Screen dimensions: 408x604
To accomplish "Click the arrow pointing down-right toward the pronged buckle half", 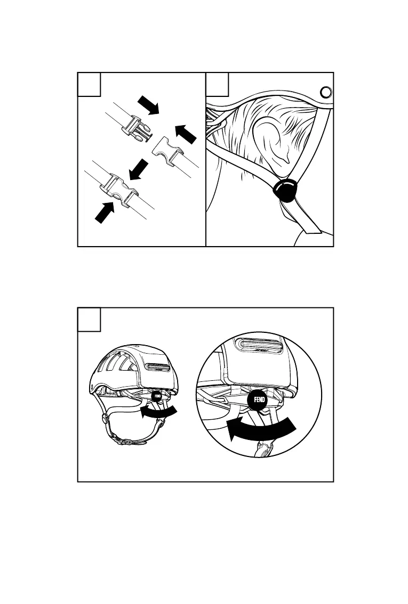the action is coord(149,105).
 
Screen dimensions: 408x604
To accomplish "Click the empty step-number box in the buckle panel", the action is coord(89,84).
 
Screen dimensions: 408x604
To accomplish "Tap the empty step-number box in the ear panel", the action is coord(217,84).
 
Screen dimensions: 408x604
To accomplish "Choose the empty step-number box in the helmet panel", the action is coord(89,319).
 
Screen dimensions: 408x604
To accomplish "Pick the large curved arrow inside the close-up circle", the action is coord(261,429).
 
